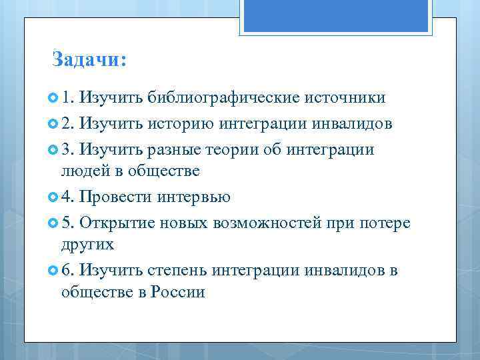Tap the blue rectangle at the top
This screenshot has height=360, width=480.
point(337,15)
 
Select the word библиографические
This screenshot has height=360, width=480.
point(223,98)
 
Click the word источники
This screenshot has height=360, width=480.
point(345,98)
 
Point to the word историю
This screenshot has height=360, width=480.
point(181,123)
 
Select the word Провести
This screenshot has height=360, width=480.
point(116,197)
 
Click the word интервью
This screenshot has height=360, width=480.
point(194,197)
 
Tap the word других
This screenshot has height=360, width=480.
point(87,244)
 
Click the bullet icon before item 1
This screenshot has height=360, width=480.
point(54,99)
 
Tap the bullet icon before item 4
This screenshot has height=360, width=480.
point(54,197)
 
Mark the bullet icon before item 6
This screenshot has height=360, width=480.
point(54,270)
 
